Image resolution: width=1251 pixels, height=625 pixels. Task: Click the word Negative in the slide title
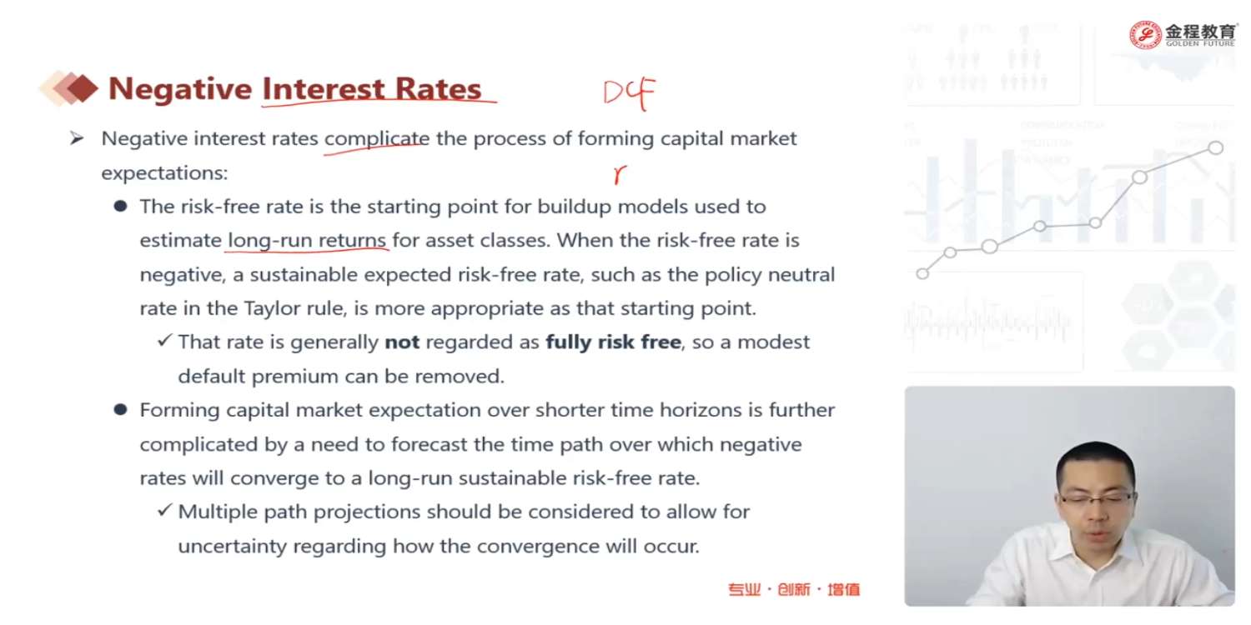tap(180, 89)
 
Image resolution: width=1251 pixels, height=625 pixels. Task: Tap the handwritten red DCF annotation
tap(629, 93)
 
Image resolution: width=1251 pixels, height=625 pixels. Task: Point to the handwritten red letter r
tap(620, 175)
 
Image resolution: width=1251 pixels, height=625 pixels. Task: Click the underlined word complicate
tap(377, 139)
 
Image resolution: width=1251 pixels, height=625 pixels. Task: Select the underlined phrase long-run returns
tap(307, 241)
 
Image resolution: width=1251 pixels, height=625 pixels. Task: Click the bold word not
tap(402, 342)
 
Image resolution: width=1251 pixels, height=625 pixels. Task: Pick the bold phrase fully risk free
tap(613, 342)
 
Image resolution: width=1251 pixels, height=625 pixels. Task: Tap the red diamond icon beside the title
tap(82, 88)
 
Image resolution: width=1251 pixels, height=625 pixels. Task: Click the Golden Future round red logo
tap(1145, 35)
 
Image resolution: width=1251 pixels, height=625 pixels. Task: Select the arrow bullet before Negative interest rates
tap(77, 137)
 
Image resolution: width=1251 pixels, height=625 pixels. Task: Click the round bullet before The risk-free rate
tap(120, 207)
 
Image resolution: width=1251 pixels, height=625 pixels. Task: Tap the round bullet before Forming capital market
tap(120, 410)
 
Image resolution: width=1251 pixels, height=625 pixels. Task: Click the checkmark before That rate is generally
tap(164, 340)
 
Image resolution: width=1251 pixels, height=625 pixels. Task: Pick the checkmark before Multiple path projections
tap(164, 509)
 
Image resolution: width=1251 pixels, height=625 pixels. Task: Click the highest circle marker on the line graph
tap(1215, 147)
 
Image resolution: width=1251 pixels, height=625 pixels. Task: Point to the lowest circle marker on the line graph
tap(922, 274)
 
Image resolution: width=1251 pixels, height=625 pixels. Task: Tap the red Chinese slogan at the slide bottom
tap(794, 589)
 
